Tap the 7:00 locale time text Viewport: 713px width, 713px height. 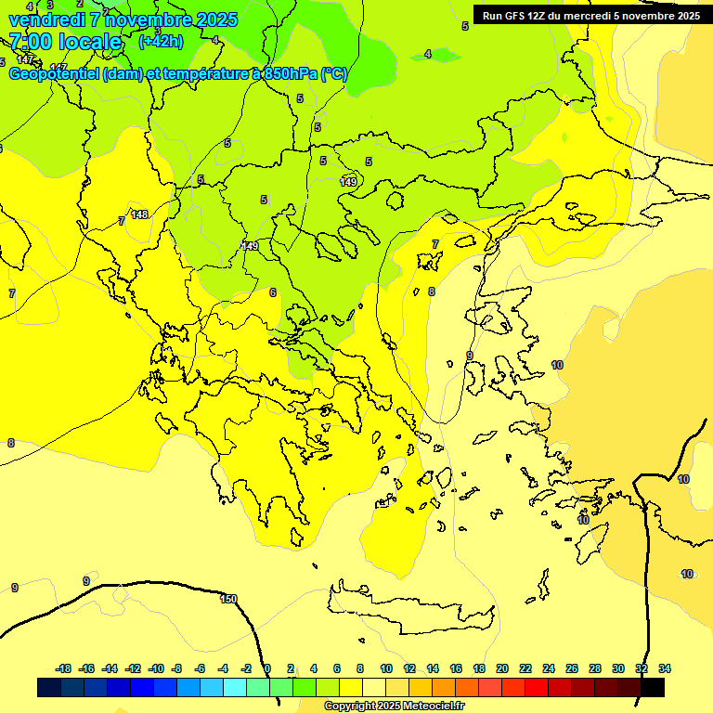click(x=66, y=42)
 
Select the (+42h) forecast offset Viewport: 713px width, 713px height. click(x=161, y=42)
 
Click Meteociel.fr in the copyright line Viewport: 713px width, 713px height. click(x=433, y=707)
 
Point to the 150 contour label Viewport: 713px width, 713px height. click(x=228, y=599)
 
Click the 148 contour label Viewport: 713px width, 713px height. click(x=139, y=214)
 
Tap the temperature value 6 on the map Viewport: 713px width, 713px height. click(x=273, y=292)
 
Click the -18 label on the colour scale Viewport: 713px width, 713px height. click(x=64, y=668)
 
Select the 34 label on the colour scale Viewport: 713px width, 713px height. click(x=665, y=668)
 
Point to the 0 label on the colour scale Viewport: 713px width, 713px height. click(x=267, y=668)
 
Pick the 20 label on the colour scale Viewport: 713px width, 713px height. click(x=502, y=668)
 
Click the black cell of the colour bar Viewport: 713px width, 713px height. click(x=653, y=687)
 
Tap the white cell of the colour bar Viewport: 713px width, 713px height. click(x=375, y=687)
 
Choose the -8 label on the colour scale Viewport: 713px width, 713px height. click(x=176, y=668)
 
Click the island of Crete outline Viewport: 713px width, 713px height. click(x=408, y=609)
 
